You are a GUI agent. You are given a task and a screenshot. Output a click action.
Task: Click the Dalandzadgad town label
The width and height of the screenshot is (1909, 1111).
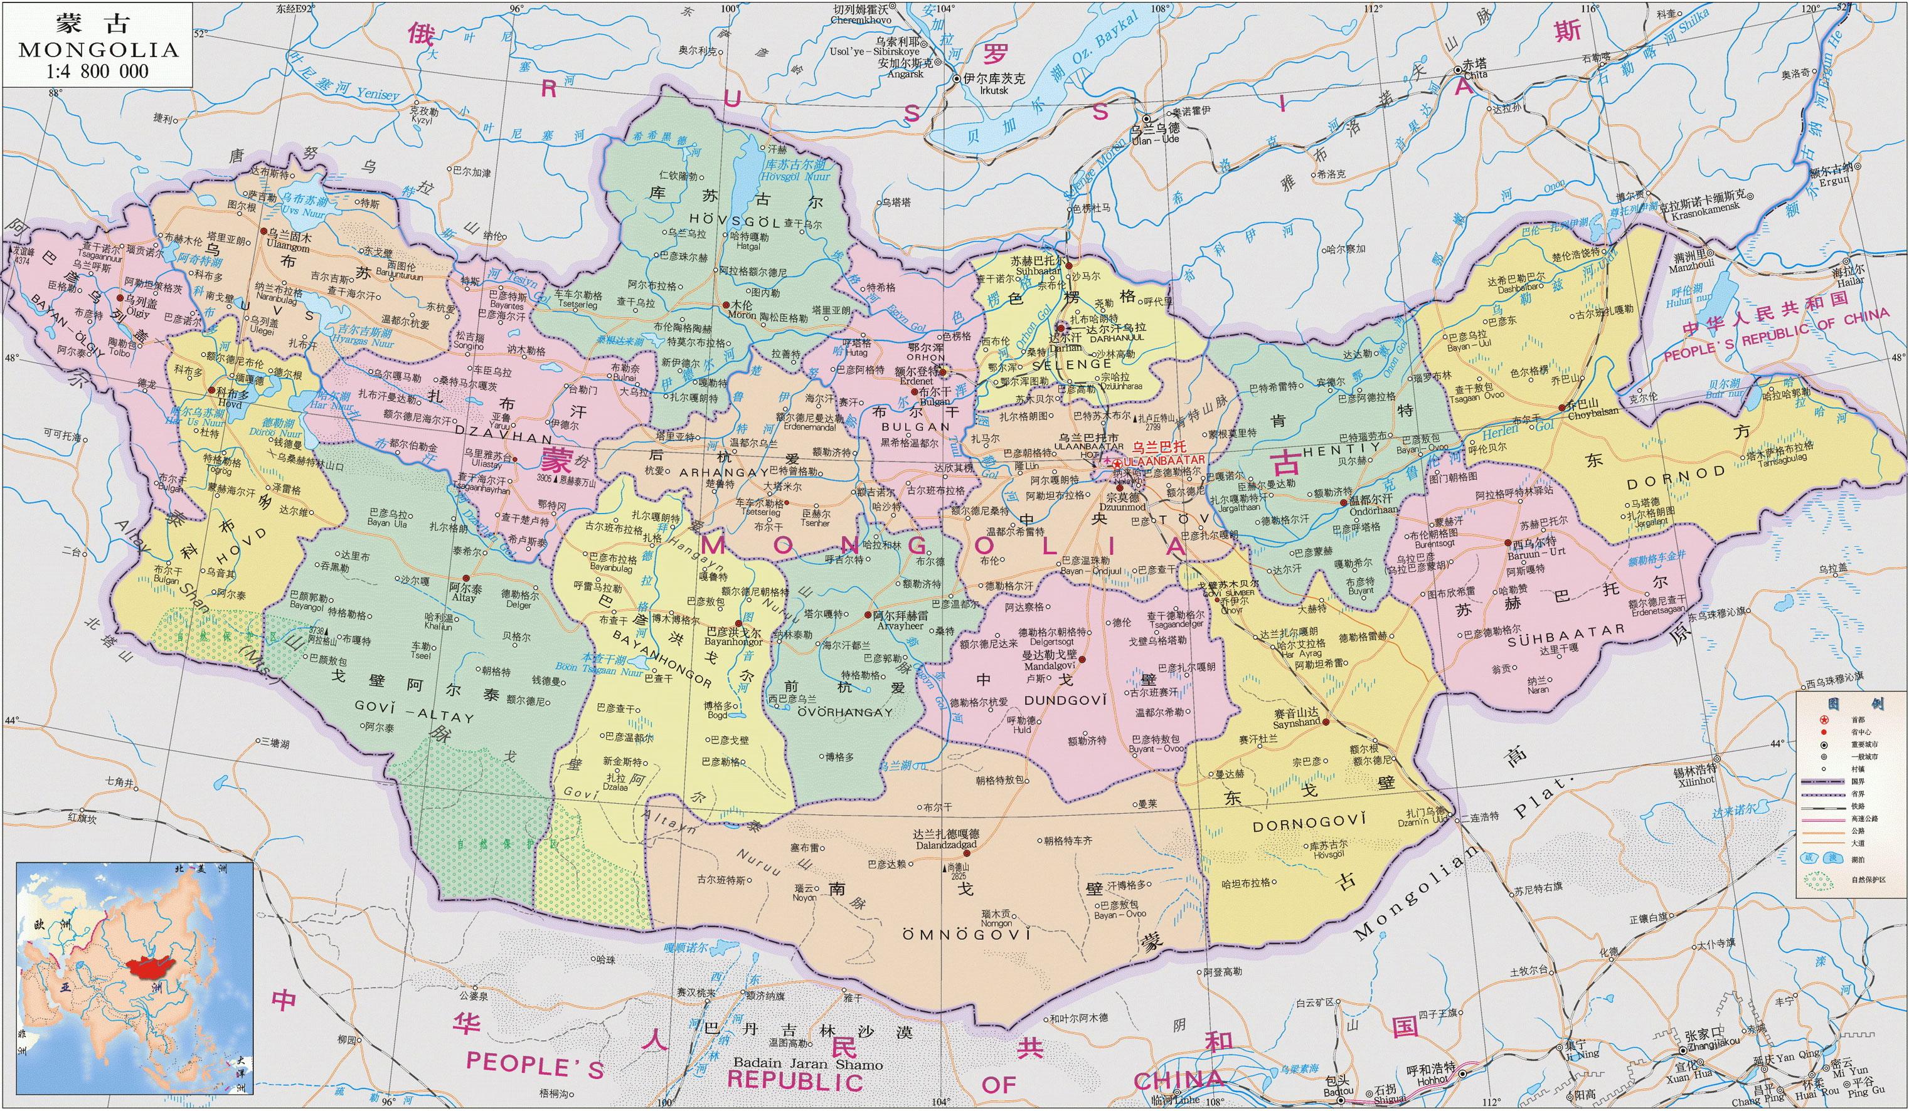[x=949, y=844]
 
